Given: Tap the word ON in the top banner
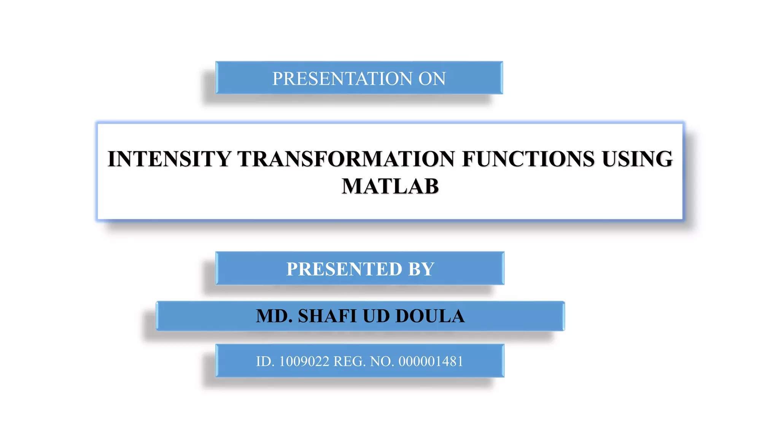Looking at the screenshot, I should (x=432, y=79).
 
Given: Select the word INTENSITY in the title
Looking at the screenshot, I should (x=170, y=159).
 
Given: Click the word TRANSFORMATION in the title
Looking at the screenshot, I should (x=346, y=159).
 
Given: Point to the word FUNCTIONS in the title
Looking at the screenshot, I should (x=528, y=159).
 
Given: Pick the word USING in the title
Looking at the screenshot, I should (x=637, y=159).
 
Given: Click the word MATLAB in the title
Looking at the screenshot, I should (x=390, y=186).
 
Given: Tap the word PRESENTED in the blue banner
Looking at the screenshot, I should (x=344, y=269).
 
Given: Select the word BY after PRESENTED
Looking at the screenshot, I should (x=421, y=269).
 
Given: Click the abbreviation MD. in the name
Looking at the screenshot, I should (x=274, y=316).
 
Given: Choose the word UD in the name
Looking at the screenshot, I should (x=376, y=316).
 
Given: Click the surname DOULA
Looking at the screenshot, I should (x=430, y=316).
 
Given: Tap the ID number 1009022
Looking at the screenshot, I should (x=304, y=362).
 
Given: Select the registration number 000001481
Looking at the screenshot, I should (x=431, y=362).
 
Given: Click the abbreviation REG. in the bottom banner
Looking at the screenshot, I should (x=350, y=362).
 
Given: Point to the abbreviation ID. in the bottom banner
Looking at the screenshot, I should (x=265, y=362).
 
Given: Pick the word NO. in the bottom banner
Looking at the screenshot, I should (x=382, y=362).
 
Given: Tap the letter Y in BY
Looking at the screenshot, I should (x=428, y=269).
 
